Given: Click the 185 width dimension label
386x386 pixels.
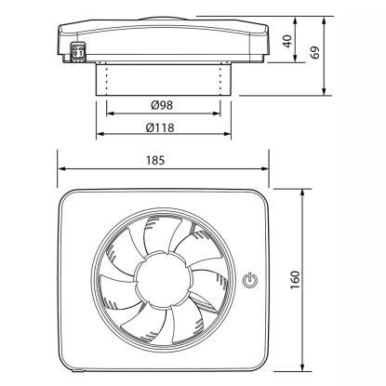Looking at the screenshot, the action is pyautogui.click(x=155, y=160).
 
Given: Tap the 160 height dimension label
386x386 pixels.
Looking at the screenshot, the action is pyautogui.click(x=295, y=280).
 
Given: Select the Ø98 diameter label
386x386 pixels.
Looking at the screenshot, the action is pyautogui.click(x=162, y=105).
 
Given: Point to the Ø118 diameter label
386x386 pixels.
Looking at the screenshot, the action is pyautogui.click(x=160, y=127).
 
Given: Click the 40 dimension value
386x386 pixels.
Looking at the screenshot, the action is pyautogui.click(x=287, y=41).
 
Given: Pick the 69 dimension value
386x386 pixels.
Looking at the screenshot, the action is pyautogui.click(x=315, y=52).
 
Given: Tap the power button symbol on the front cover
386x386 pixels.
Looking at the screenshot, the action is pyautogui.click(x=249, y=280).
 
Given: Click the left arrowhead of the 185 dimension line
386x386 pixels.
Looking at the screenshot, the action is pyautogui.click(x=62, y=169).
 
